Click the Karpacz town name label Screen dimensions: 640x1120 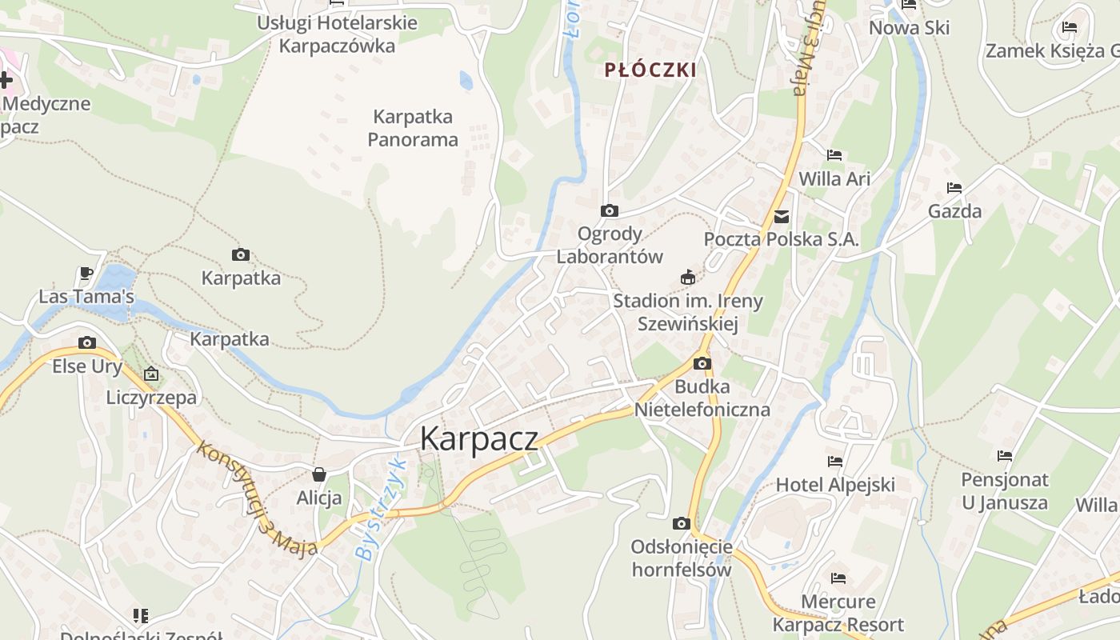pyautogui.click(x=479, y=438)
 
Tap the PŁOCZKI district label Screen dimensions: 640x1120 pyautogui.click(x=650, y=70)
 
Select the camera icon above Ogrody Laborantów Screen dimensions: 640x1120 pyautogui.click(x=610, y=211)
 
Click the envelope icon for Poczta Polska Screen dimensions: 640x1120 pyautogui.click(x=782, y=217)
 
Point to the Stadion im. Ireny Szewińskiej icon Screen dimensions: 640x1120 pyautogui.click(x=687, y=278)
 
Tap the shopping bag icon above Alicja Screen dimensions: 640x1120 pyautogui.click(x=319, y=474)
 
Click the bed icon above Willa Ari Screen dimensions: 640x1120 pyautogui.click(x=834, y=155)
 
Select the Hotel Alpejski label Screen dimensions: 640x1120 pyautogui.click(x=835, y=485)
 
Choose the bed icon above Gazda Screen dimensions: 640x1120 pyautogui.click(x=954, y=189)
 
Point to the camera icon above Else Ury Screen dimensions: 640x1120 pyautogui.click(x=87, y=343)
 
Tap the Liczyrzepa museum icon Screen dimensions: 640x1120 pyautogui.click(x=151, y=374)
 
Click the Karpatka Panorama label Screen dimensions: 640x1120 pyautogui.click(x=413, y=128)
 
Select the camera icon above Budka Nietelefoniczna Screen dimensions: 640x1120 pyautogui.click(x=702, y=364)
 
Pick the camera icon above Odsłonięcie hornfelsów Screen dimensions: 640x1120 pyautogui.click(x=682, y=524)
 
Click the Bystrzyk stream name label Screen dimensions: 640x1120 pyautogui.click(x=382, y=510)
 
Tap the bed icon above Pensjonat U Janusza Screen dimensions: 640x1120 pyautogui.click(x=1005, y=456)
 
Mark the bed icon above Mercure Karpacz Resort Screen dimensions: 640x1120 pyautogui.click(x=838, y=578)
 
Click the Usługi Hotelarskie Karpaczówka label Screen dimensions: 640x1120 pyautogui.click(x=337, y=34)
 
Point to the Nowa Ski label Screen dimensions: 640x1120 pyautogui.click(x=910, y=28)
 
